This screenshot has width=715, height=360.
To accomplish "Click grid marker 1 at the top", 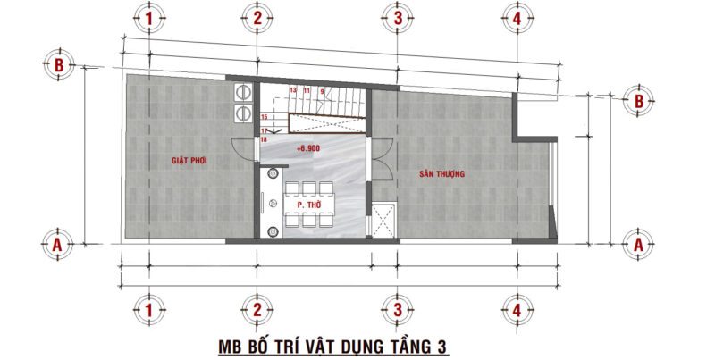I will pos(148,18).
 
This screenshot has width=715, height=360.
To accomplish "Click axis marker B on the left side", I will pos(57,64).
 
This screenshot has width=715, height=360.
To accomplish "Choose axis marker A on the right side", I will pos(639,242).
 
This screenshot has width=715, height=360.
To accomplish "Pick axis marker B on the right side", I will pos(639,101).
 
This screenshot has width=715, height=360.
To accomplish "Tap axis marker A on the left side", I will pos(57,242).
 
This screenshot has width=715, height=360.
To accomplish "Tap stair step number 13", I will pos(292,90).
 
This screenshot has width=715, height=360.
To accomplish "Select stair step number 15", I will pos(265,117).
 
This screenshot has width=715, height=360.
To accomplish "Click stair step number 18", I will pos(264,139).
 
